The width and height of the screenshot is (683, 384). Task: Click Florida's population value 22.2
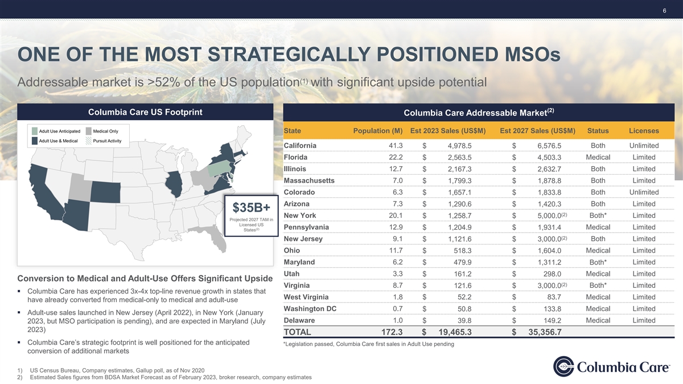(x=396, y=157)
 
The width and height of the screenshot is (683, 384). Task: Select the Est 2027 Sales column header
(x=537, y=131)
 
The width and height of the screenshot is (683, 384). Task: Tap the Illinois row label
(x=295, y=169)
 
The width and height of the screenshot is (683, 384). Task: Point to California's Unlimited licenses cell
(x=644, y=146)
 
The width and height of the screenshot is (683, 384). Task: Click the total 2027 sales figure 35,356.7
(x=545, y=332)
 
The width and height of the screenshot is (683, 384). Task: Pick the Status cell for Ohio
(x=598, y=250)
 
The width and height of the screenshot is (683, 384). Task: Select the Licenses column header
(x=644, y=131)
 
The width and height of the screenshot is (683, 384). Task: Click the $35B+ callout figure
(x=251, y=208)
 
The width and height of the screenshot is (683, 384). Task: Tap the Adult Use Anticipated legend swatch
(x=35, y=131)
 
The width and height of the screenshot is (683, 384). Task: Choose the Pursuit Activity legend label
(x=107, y=141)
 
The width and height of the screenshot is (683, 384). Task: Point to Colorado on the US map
(x=105, y=192)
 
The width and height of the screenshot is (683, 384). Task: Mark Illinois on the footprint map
(x=174, y=184)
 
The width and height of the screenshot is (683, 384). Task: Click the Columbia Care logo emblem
(x=563, y=366)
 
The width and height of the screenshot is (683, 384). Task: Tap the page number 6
(x=664, y=11)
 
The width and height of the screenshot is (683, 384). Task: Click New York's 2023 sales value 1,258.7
(x=459, y=216)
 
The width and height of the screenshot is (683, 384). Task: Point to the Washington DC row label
(x=310, y=309)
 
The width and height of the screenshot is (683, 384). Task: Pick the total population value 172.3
(x=392, y=332)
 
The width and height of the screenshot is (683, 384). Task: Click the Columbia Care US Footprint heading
(x=145, y=112)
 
